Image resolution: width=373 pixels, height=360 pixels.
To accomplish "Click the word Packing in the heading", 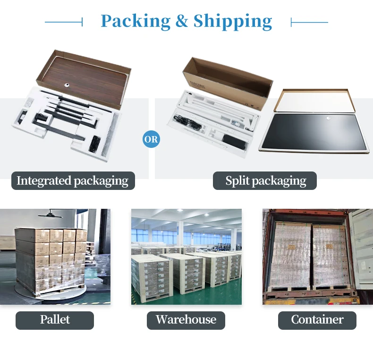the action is (x=136, y=22).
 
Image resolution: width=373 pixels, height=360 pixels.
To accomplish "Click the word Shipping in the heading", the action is (x=233, y=22).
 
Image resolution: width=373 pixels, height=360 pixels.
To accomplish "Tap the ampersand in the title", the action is (x=182, y=21).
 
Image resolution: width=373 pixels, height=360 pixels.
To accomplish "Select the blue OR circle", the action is (x=151, y=139).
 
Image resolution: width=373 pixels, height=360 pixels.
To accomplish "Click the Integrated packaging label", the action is (x=73, y=181).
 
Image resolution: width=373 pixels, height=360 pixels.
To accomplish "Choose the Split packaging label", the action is (x=265, y=181).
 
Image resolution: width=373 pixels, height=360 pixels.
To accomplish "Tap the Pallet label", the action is (x=55, y=320).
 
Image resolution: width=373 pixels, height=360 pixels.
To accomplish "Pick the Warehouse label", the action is (x=186, y=320).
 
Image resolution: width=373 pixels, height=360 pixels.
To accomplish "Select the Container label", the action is (x=317, y=320).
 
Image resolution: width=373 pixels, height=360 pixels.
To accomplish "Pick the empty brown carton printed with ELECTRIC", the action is (x=228, y=82).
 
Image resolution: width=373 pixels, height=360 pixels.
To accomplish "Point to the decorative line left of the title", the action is (x=64, y=22).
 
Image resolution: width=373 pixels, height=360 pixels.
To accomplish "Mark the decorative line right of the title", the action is (x=309, y=22).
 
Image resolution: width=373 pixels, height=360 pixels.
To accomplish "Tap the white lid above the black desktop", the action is (x=314, y=101).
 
